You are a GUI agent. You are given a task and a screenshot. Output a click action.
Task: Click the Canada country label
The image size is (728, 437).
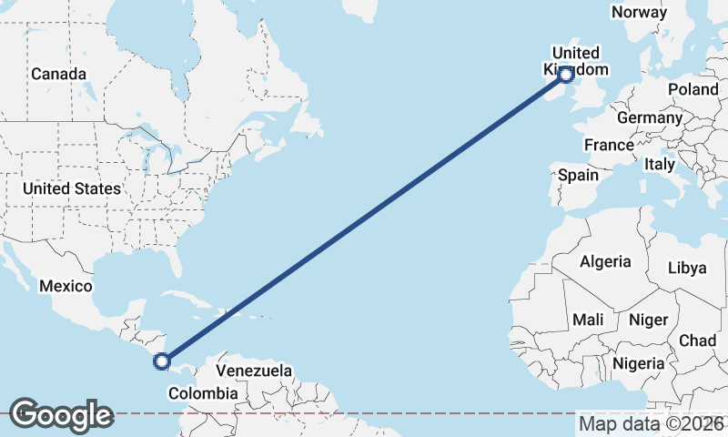point(58,74)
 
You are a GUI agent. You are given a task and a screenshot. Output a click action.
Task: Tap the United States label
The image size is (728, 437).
point(71,188)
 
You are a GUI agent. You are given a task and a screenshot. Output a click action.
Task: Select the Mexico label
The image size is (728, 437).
point(66,287)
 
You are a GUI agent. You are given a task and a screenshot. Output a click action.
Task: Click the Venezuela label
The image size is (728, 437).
point(254,371)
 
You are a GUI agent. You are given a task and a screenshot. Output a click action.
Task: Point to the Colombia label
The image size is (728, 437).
point(203,393)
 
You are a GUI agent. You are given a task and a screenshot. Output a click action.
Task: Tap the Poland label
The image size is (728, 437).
point(693,89)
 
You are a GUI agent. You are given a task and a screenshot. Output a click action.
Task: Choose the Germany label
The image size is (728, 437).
point(649,117)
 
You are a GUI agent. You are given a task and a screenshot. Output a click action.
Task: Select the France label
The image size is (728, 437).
point(609,145)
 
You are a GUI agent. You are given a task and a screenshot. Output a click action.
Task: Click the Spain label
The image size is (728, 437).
point(578,175)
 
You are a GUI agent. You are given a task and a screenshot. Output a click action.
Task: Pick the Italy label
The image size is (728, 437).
point(659,165)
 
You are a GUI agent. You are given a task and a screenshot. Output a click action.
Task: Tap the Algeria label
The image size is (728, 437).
point(605,261)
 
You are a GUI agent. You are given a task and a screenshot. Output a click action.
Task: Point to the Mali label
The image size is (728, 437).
point(588,320)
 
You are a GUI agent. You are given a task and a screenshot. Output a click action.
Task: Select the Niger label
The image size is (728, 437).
point(648,320)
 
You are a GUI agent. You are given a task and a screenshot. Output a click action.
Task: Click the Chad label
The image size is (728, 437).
point(697,340)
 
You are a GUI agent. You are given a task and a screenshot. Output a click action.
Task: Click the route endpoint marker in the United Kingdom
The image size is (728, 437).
point(566,75)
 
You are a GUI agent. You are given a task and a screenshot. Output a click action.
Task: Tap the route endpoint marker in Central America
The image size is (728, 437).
point(162,361)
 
